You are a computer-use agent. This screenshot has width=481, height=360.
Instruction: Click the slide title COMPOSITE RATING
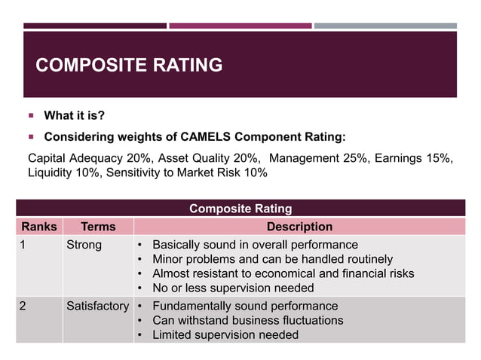[x=129, y=66]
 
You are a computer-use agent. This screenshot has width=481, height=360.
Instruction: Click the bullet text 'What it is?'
[x=74, y=116]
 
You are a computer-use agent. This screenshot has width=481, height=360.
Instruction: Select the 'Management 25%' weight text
[x=319, y=158]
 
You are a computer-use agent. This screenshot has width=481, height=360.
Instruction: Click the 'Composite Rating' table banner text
[x=240, y=209]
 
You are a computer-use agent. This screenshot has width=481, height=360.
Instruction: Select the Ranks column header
[x=38, y=227]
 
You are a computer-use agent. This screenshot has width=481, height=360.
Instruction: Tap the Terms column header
[x=98, y=227]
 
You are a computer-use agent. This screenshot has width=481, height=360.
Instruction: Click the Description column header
[x=299, y=227]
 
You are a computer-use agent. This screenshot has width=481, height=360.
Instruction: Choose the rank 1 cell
[x=24, y=246]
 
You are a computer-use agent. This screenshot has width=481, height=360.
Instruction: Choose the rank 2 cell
[x=24, y=307]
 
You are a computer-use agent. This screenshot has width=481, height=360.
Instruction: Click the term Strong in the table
[x=84, y=246]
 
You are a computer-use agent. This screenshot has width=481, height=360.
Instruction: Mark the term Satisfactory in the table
[x=97, y=307]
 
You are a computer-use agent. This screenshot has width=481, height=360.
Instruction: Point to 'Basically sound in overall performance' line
[x=255, y=246]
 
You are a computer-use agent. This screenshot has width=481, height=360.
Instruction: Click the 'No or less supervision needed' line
[x=233, y=288]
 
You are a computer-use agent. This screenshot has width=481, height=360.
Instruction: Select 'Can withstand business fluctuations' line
[x=247, y=321]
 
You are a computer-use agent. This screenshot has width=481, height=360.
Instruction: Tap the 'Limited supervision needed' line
[x=225, y=335]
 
